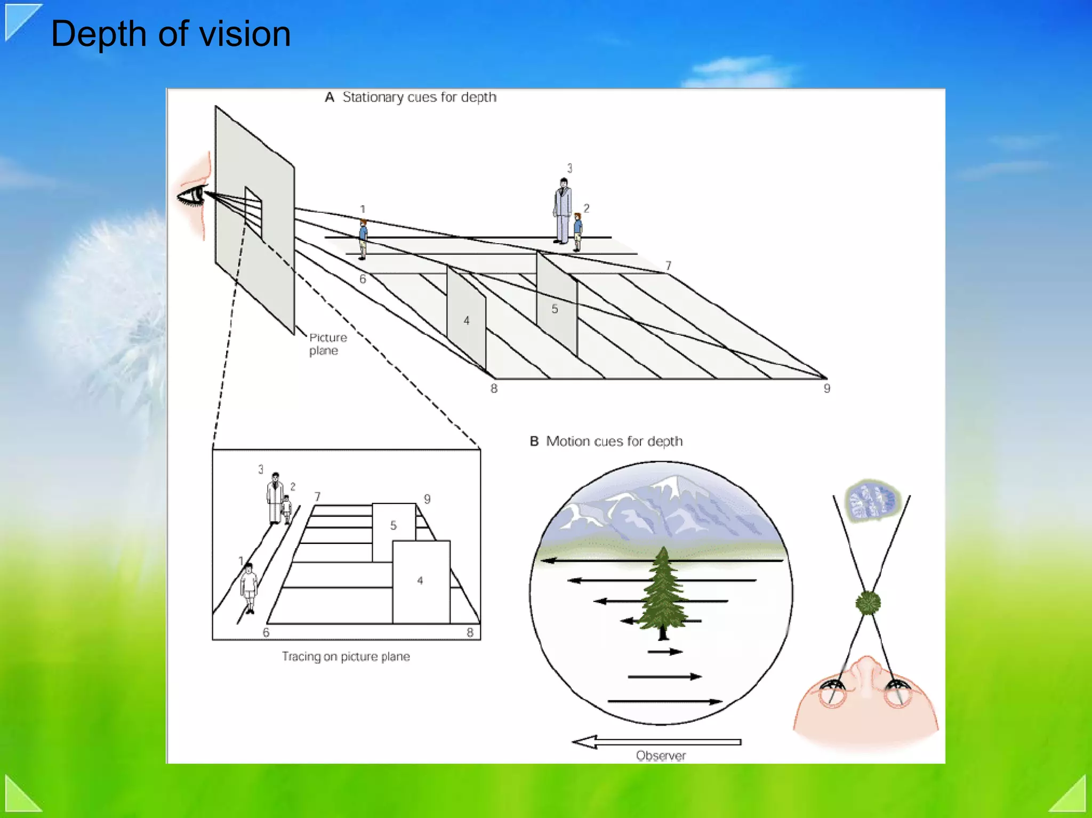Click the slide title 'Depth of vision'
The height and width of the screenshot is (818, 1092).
click(171, 34)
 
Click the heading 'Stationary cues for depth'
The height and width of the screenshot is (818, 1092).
click(419, 97)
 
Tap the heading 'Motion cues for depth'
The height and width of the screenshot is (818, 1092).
click(614, 442)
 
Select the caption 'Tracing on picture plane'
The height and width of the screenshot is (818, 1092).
click(346, 656)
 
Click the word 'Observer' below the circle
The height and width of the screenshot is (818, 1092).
click(661, 756)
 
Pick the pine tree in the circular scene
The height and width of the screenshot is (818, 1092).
click(663, 592)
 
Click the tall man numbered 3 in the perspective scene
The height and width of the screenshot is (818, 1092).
click(563, 211)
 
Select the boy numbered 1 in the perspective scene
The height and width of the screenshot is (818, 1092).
click(363, 238)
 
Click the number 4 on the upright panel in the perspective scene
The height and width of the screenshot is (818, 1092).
click(467, 320)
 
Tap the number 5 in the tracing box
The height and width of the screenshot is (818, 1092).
click(394, 525)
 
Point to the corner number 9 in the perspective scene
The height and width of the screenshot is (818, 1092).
click(827, 388)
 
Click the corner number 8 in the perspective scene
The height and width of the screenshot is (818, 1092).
click(494, 389)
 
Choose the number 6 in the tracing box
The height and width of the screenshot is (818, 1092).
click(266, 632)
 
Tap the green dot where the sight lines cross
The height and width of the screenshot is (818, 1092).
click(868, 603)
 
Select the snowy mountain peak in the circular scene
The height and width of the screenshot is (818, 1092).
click(672, 485)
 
